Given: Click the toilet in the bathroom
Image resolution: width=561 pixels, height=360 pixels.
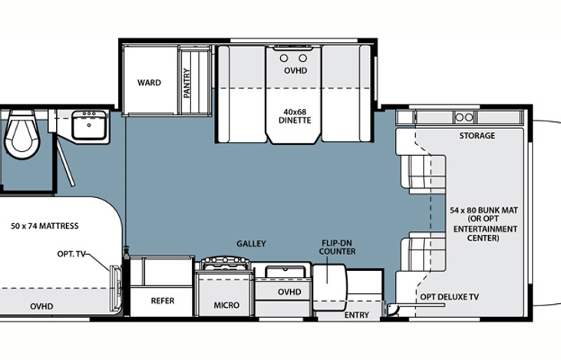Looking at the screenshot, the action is (21, 134).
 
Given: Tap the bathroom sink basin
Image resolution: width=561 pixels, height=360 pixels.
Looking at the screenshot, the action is (89, 125).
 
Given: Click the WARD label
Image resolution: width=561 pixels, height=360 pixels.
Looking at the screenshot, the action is (149, 83).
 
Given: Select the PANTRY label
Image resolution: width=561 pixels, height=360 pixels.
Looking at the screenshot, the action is (186, 83).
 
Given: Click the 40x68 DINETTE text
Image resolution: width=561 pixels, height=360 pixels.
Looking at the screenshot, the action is (295, 117).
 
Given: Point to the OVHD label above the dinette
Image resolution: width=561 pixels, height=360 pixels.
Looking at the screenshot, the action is (295, 71).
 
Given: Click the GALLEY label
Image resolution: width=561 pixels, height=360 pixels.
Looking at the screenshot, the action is (251, 243).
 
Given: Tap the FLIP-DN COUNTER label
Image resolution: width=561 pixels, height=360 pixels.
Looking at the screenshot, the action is (338, 247).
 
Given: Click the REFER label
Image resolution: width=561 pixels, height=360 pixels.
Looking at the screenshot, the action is (163, 301).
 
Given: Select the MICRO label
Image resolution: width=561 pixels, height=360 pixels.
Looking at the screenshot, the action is (226, 306).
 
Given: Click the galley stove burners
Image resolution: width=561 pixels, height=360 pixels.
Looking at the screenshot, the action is (224, 263).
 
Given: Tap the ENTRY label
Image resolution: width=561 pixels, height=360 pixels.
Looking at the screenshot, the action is (357, 315).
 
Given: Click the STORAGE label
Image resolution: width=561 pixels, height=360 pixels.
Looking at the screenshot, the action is (477, 136).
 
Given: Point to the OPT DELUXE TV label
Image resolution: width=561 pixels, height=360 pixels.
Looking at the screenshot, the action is (450, 296).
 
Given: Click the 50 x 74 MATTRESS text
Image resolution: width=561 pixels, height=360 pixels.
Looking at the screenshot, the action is (45, 226).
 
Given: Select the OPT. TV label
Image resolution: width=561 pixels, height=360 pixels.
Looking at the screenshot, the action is (71, 254).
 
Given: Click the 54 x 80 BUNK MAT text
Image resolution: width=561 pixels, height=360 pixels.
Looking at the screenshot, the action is (483, 210).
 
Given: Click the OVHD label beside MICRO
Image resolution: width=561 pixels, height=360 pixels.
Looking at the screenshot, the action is (289, 292).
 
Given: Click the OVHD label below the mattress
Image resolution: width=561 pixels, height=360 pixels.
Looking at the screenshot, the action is (42, 306).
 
